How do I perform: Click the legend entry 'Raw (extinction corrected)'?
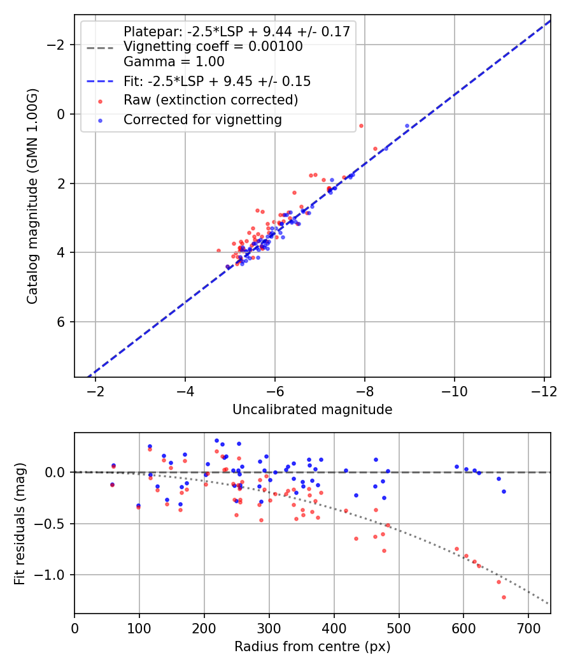(x=210, y=100)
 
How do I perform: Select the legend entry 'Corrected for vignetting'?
(x=202, y=119)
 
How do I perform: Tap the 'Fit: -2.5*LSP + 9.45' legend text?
(x=217, y=81)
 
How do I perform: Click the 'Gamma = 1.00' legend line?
(x=174, y=62)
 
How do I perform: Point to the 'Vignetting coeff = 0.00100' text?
(x=213, y=47)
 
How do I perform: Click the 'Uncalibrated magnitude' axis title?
(x=312, y=410)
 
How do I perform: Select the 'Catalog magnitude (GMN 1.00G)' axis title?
(x=32, y=196)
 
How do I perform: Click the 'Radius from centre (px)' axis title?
(x=312, y=647)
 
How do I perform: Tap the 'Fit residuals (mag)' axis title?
(x=20, y=523)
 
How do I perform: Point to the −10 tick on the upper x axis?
(x=454, y=390)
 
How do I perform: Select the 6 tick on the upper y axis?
(x=62, y=322)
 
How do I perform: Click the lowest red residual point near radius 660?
(x=504, y=597)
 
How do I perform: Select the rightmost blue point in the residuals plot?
(x=504, y=491)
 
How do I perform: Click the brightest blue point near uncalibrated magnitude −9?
(x=407, y=126)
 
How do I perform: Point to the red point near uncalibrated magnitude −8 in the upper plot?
(x=361, y=126)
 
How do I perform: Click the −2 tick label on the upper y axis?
(x=59, y=45)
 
